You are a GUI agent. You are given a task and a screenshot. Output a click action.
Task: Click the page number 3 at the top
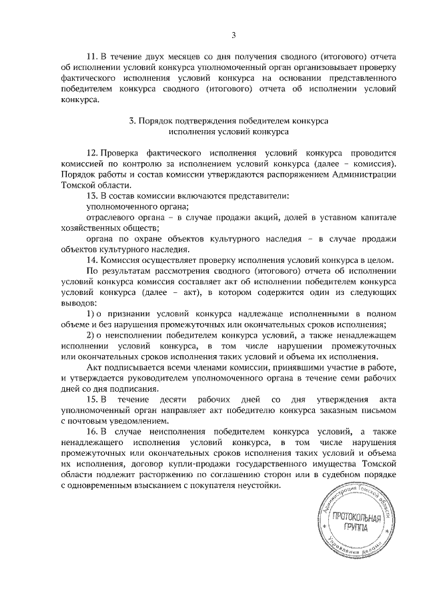234,35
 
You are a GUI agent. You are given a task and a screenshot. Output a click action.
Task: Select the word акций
256,218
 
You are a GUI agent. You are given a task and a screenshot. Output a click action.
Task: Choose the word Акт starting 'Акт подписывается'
95,367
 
